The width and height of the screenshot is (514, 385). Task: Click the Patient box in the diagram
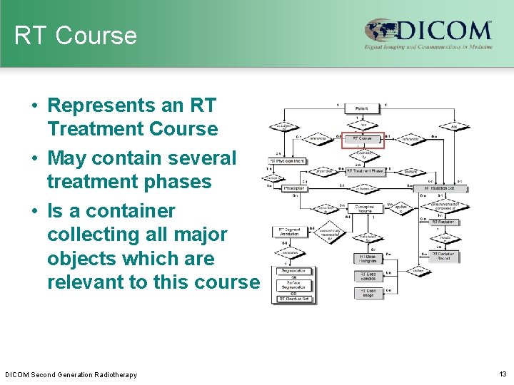[363, 108]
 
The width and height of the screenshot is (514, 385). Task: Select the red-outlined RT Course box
[363, 138]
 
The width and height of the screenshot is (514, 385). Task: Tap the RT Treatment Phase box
[365, 171]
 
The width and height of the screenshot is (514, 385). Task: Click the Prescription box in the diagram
[293, 188]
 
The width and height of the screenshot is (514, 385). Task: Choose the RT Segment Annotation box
[290, 232]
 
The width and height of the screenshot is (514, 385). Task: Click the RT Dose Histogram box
[368, 258]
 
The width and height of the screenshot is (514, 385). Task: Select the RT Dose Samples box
[368, 276]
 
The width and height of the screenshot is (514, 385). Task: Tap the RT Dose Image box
[368, 292]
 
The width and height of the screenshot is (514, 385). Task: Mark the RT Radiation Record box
[444, 255]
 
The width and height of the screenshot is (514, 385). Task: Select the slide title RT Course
[75, 36]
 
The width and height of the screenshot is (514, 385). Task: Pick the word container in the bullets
[126, 211]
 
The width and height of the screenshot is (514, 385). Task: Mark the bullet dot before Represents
[34, 106]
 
